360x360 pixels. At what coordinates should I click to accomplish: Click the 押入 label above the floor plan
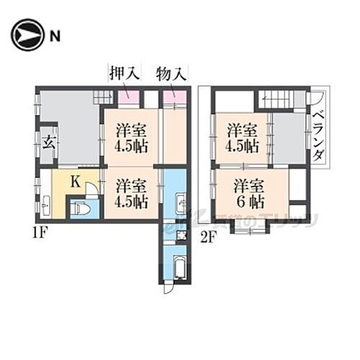[x=123, y=74]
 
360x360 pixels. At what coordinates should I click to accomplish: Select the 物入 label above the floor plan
[x=171, y=74]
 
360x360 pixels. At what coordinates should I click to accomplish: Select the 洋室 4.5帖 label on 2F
[x=243, y=138]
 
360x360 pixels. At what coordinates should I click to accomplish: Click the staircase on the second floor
[x=281, y=99]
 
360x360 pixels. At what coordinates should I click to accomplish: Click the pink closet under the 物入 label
[x=174, y=97]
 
